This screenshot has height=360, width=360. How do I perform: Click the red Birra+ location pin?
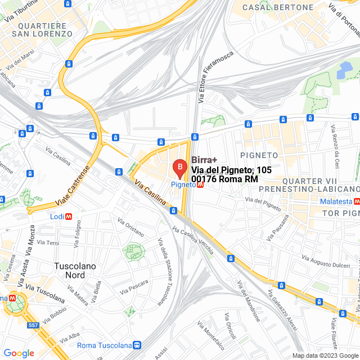point(179,168)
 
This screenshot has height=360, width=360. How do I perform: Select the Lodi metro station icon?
point(69,216)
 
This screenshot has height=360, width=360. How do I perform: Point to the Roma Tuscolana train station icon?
point(137,345)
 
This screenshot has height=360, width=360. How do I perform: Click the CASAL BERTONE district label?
point(278,7)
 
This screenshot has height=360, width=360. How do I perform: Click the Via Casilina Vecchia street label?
point(193,240)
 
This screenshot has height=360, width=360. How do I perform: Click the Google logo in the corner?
point(19,353)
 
